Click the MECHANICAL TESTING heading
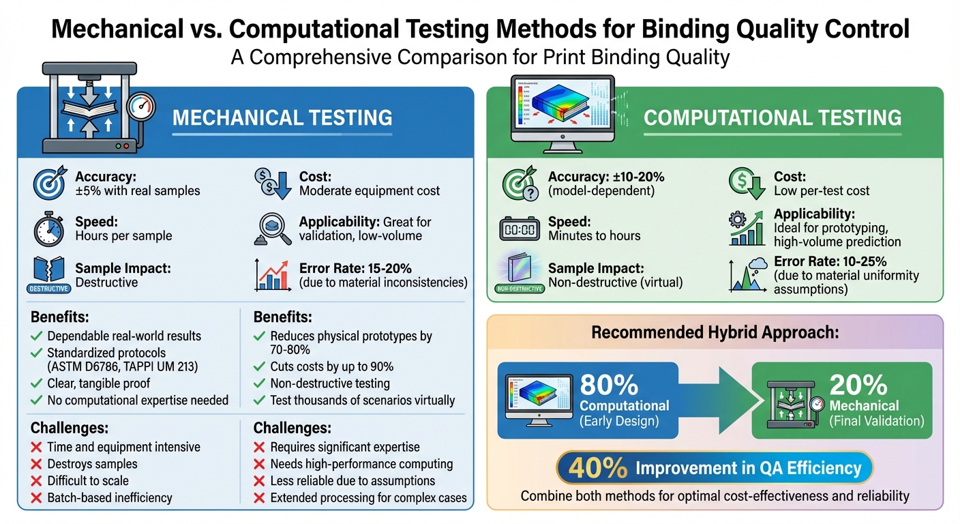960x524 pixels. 282,117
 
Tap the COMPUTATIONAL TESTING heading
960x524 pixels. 772,117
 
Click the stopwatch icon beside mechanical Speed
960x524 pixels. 48,229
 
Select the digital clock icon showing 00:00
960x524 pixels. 520,229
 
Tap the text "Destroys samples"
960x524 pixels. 92,464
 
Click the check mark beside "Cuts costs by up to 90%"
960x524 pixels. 259,367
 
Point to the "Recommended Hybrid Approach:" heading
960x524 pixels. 715,333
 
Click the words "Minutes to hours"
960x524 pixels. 595,236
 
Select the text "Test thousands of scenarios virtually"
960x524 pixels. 362,400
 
